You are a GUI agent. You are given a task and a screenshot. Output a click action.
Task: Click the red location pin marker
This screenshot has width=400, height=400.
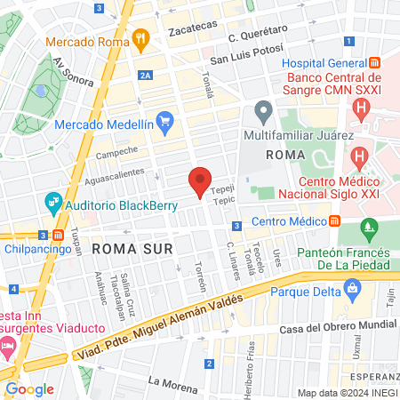201,181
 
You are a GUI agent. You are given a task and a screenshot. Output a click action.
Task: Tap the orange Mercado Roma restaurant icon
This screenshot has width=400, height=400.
140,39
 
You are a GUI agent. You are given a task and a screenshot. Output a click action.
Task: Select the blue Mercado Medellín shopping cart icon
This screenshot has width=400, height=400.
164,120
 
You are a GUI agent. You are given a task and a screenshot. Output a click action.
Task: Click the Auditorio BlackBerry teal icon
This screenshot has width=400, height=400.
54,202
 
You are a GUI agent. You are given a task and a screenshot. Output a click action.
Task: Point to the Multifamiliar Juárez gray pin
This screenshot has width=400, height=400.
262,112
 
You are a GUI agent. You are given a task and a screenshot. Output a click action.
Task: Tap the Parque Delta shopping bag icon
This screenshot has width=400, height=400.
354,288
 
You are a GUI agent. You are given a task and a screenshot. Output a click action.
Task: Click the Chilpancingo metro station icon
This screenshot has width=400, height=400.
57,236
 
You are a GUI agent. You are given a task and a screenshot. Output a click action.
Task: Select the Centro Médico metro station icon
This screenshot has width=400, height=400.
334,220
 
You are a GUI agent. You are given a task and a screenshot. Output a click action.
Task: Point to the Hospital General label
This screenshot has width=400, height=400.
325,61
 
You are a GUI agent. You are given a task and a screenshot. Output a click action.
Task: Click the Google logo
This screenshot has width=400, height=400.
29,388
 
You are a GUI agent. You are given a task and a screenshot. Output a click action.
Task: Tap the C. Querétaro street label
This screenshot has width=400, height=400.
257,34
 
